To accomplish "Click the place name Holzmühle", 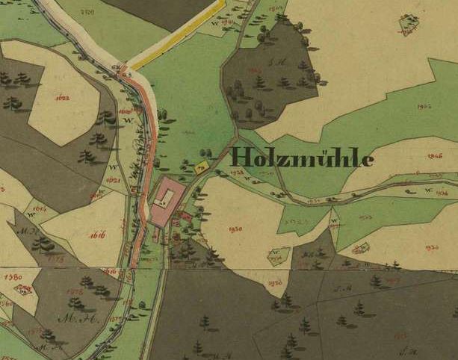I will [x=303, y=157].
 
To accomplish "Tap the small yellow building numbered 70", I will [x=200, y=168].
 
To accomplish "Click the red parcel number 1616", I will [x=97, y=235].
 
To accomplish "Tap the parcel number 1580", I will [x=13, y=277].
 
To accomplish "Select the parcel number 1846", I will [x=435, y=157].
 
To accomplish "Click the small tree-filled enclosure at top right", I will [x=408, y=24].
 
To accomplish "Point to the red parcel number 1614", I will [x=40, y=209].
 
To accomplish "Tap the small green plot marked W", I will [x=278, y=255].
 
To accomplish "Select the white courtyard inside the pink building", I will [x=166, y=197].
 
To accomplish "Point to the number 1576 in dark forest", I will [x=74, y=292].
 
